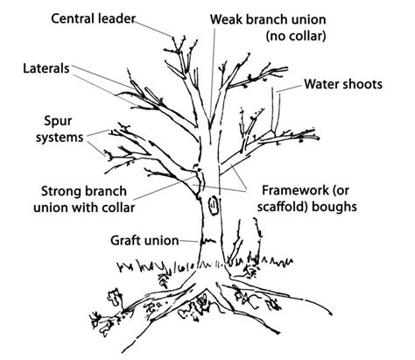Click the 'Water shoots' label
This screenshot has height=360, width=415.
[x=342, y=85]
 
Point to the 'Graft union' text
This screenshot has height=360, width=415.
[x=144, y=239]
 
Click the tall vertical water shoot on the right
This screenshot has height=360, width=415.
[x=278, y=109]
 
